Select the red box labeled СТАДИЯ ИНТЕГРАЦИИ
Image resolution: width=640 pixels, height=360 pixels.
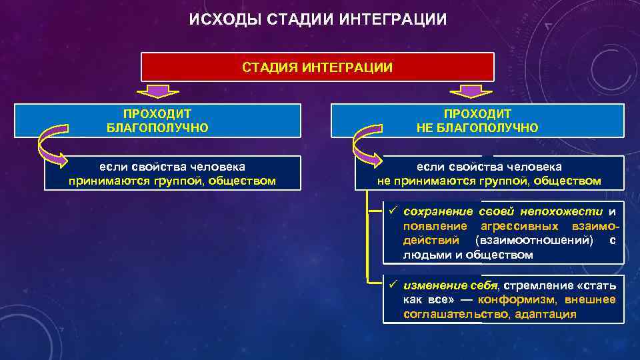click(317, 67)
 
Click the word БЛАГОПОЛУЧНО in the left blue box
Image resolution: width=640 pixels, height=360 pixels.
click(157, 127)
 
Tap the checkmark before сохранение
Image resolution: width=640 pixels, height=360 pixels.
click(393, 211)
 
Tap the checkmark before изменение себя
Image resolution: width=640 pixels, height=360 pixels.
click(393, 285)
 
